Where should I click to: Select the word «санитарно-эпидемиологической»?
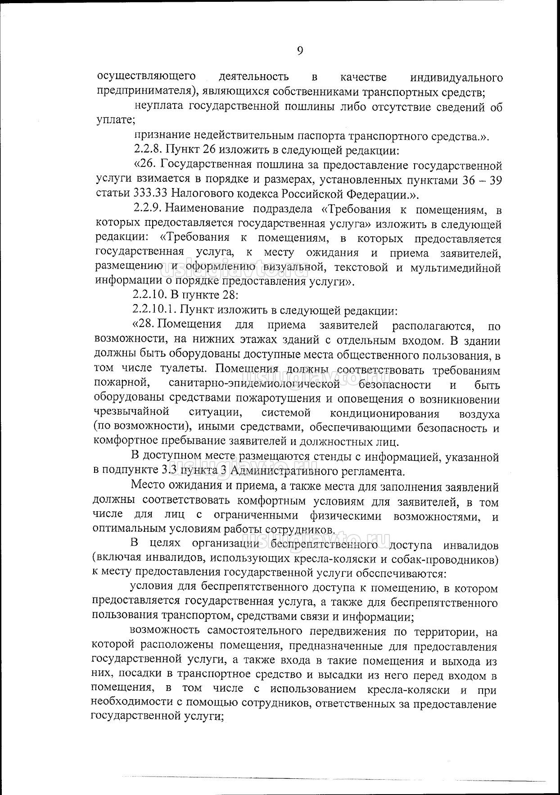pyautogui.click(x=254, y=384)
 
